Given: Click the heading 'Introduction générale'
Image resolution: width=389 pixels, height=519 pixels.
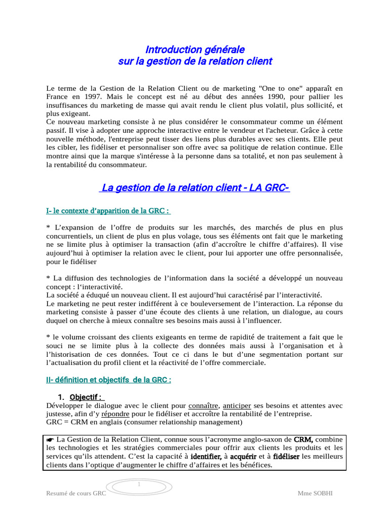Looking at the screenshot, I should (195, 49).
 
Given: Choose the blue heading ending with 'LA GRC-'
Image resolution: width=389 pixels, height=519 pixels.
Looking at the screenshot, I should (195, 188).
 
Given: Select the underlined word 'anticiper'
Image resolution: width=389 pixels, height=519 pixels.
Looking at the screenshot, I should (237, 405).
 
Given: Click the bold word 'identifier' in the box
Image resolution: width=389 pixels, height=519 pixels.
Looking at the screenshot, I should (206, 456).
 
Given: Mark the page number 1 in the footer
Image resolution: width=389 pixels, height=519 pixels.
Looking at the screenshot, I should (138, 486).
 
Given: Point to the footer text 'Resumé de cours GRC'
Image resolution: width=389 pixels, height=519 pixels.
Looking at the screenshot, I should (76, 493).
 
